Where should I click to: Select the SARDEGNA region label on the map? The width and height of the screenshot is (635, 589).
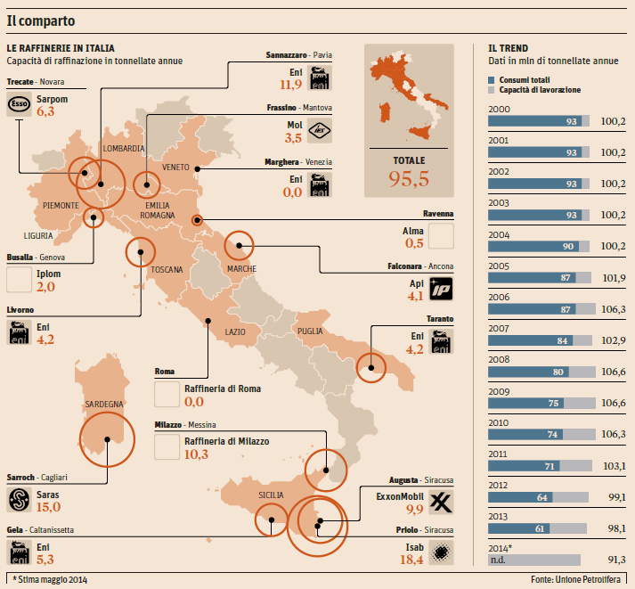103,404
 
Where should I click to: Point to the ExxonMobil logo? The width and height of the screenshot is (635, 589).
442,503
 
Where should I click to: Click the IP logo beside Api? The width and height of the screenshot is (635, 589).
442,289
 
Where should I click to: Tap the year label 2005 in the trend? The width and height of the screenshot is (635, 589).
500,265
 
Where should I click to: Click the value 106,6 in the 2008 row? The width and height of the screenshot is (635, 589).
613,373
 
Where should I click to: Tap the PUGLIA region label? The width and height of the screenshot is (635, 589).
310,331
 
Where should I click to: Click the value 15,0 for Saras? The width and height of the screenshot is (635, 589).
48,507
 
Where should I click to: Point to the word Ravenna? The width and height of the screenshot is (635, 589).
438,214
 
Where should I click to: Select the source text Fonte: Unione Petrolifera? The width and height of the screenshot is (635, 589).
579,579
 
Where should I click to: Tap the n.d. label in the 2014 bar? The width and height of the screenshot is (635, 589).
500,560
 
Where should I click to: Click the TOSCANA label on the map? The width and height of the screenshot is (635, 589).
167,269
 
